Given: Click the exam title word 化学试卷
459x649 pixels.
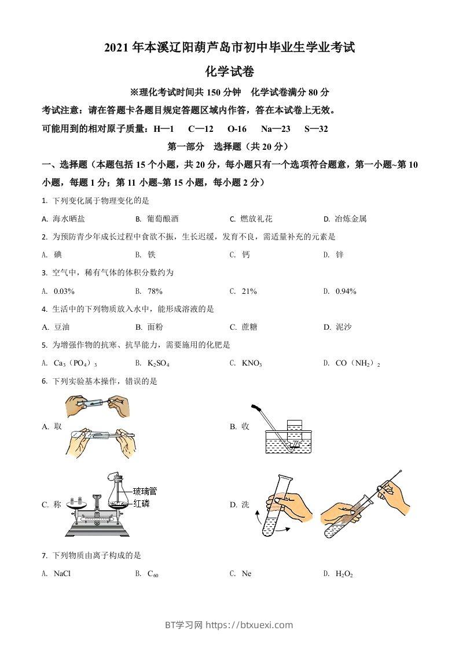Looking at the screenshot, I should coord(230,72).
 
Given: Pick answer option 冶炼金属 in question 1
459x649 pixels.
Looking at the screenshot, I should coord(350,219).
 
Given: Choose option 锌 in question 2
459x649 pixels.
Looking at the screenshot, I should coord(340,255).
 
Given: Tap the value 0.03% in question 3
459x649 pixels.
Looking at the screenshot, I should coord(64,291).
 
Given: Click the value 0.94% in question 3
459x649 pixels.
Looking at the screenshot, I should coord(346,291).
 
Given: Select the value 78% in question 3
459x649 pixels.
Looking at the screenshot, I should coord(155,291).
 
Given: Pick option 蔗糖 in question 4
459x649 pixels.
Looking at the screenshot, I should coord(249,327).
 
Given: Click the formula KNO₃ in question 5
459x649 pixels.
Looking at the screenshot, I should coord(252,363).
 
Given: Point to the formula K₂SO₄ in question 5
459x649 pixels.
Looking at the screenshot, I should coord(158,363).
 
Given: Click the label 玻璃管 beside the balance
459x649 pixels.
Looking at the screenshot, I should coord(145,492).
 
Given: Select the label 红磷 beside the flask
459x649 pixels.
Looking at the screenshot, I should coord(141,503).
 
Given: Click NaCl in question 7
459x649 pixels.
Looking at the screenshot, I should coord(62,574).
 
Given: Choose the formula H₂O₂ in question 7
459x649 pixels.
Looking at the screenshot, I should coord(344,574).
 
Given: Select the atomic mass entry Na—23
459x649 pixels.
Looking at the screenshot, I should coord(276,129).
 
